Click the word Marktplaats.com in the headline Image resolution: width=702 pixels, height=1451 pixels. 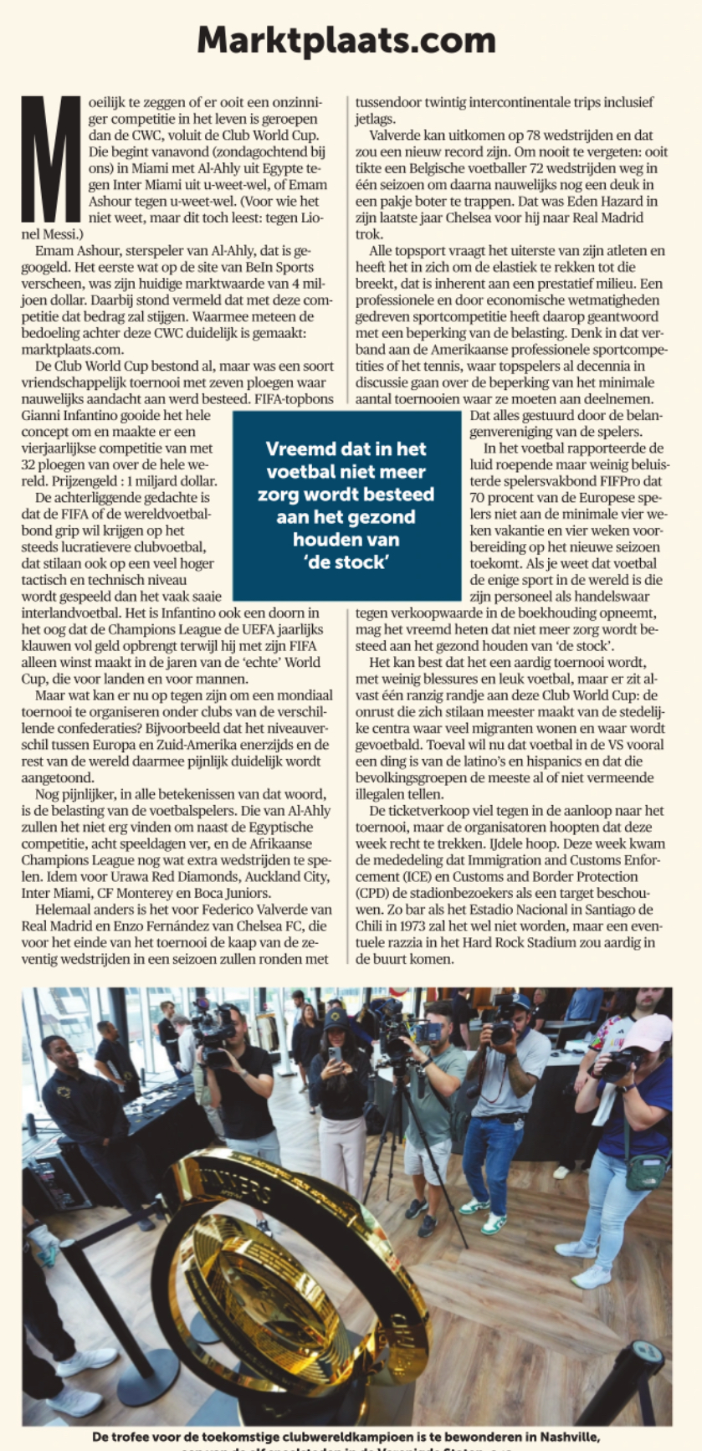coord(346,40)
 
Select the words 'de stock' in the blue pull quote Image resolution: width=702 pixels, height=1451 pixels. coord(346,561)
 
